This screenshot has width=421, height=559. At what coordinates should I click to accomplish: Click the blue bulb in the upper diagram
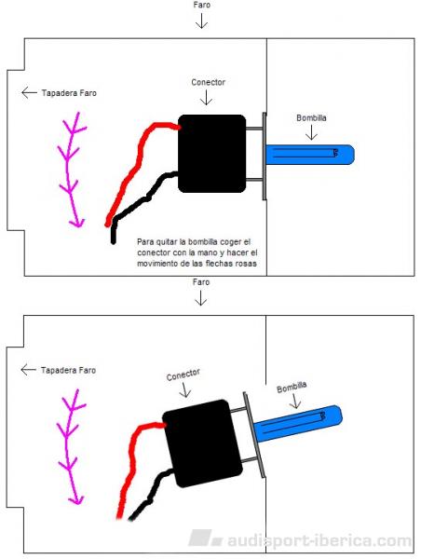[310, 155]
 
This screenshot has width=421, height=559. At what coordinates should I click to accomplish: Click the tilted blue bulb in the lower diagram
[298, 423]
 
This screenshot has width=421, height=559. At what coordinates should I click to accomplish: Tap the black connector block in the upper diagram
[211, 154]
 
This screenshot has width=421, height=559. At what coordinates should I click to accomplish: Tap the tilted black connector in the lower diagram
[202, 443]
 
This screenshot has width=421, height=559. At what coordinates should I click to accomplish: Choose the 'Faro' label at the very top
[202, 5]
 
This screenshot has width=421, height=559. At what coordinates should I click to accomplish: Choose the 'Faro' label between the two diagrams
[201, 282]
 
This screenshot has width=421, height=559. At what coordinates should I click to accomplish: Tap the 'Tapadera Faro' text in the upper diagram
[69, 93]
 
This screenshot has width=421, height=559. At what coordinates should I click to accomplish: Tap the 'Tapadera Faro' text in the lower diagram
[68, 370]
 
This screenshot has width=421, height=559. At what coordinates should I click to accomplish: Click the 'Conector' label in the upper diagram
[209, 82]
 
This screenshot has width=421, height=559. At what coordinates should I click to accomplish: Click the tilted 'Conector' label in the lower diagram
[183, 375]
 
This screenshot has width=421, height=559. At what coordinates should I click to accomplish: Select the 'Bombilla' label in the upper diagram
[311, 118]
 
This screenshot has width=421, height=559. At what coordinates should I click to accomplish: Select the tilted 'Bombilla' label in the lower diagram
[292, 388]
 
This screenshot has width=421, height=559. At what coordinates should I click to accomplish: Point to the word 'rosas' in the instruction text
[247, 264]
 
